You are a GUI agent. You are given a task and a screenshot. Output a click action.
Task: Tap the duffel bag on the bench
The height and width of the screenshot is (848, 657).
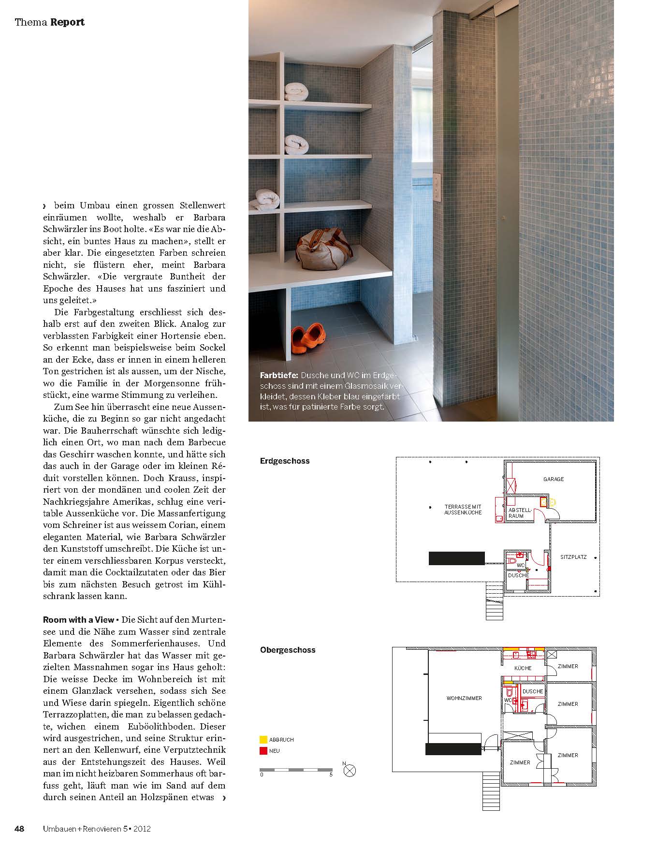tap(322, 250)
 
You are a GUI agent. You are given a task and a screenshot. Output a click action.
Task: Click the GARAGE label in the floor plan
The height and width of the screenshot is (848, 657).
tap(553, 479)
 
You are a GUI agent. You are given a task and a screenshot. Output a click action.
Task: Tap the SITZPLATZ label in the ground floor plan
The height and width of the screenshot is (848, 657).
tap(573, 557)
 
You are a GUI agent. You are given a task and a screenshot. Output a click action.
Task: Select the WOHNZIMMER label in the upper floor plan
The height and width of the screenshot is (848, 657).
tap(464, 698)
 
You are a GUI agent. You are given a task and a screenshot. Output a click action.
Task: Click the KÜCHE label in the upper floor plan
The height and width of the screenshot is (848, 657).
tap(523, 668)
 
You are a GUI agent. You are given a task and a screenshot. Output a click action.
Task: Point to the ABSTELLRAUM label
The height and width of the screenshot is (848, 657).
tap(519, 513)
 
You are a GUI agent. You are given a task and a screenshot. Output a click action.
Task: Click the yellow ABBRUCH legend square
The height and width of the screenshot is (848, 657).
tap(263, 740)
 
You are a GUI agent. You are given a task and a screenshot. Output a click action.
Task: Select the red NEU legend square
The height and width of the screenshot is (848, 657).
tap(263, 751)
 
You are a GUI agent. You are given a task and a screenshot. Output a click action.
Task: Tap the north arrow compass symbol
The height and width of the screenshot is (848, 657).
tap(350, 770)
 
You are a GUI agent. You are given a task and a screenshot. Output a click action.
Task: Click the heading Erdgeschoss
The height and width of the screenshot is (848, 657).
tap(284, 461)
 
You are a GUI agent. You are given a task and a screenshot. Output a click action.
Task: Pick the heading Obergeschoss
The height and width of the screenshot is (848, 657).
tap(287, 650)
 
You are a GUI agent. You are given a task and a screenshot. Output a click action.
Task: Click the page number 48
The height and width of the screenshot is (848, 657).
tap(19, 829)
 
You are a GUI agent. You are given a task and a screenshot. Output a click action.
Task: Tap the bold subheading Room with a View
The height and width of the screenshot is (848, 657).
tap(78, 620)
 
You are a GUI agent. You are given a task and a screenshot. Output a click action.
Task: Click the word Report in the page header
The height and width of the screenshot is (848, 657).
tap(67, 22)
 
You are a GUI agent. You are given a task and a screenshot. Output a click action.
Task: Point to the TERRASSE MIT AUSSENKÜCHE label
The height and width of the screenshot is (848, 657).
tap(463, 510)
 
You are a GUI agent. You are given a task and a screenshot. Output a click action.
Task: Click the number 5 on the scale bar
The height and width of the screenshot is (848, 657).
tap(331, 775)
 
